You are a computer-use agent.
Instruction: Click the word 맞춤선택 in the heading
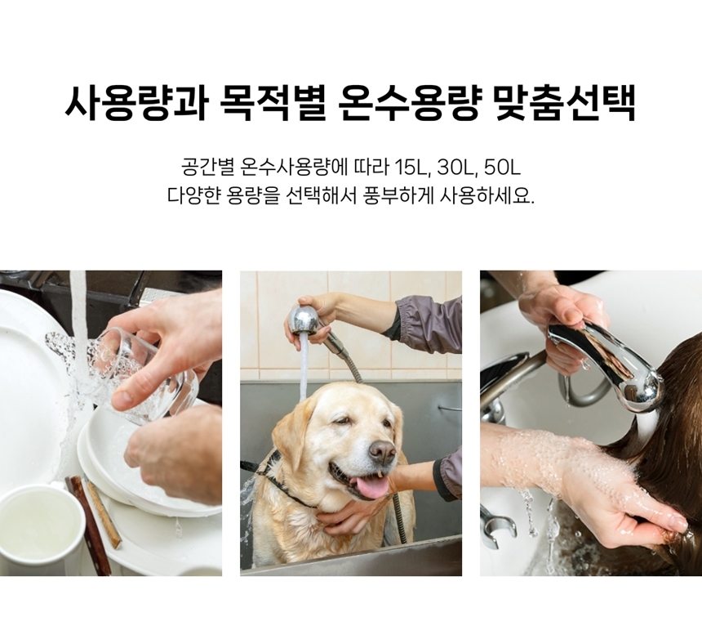[566, 103]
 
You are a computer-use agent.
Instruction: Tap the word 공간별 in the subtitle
[208, 168]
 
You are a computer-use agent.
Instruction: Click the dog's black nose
[381, 451]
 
